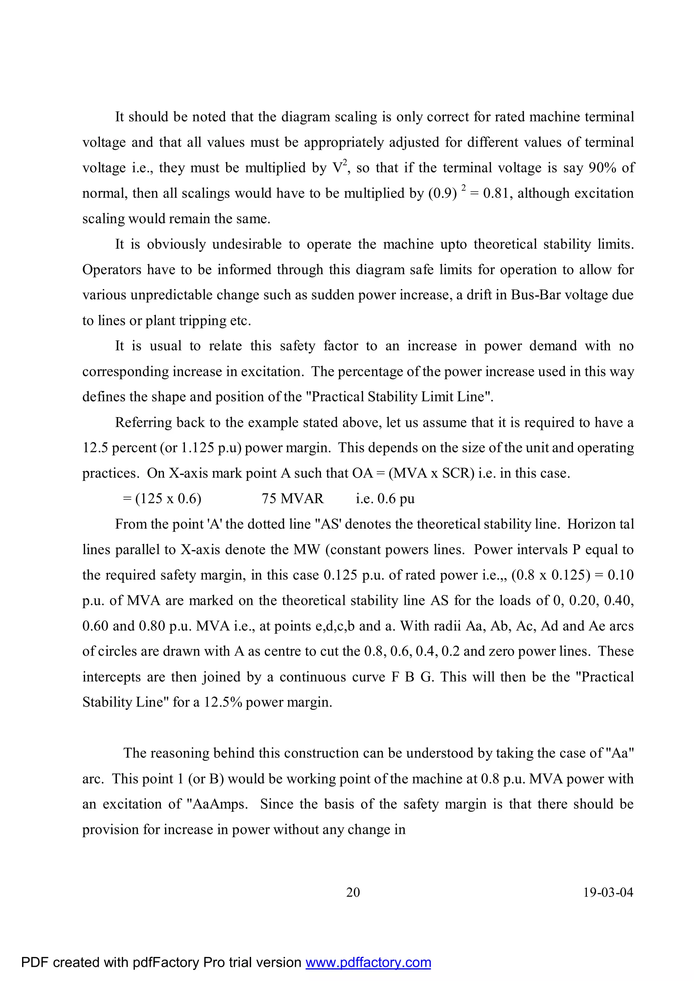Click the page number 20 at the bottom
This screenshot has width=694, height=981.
353,893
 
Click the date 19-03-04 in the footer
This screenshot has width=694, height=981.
608,893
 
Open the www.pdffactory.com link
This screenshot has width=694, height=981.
368,962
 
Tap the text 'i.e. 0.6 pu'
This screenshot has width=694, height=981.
385,498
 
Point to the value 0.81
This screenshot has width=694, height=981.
496,193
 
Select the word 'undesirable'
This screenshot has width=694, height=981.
247,244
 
